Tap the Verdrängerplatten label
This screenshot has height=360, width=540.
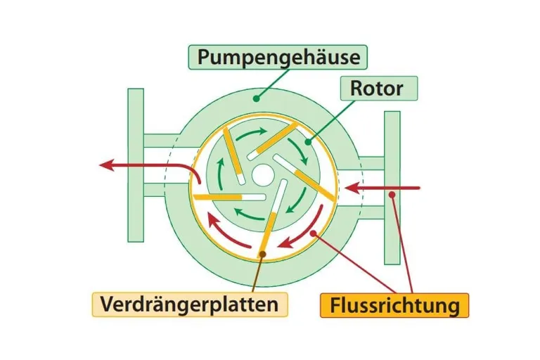pos(189,304)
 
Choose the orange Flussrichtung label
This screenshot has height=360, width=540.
pos(394,305)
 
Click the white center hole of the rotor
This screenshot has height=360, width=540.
pos(263,172)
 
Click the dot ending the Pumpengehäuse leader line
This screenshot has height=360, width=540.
pos(257,99)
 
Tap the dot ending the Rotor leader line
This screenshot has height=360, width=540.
pos(307,141)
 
